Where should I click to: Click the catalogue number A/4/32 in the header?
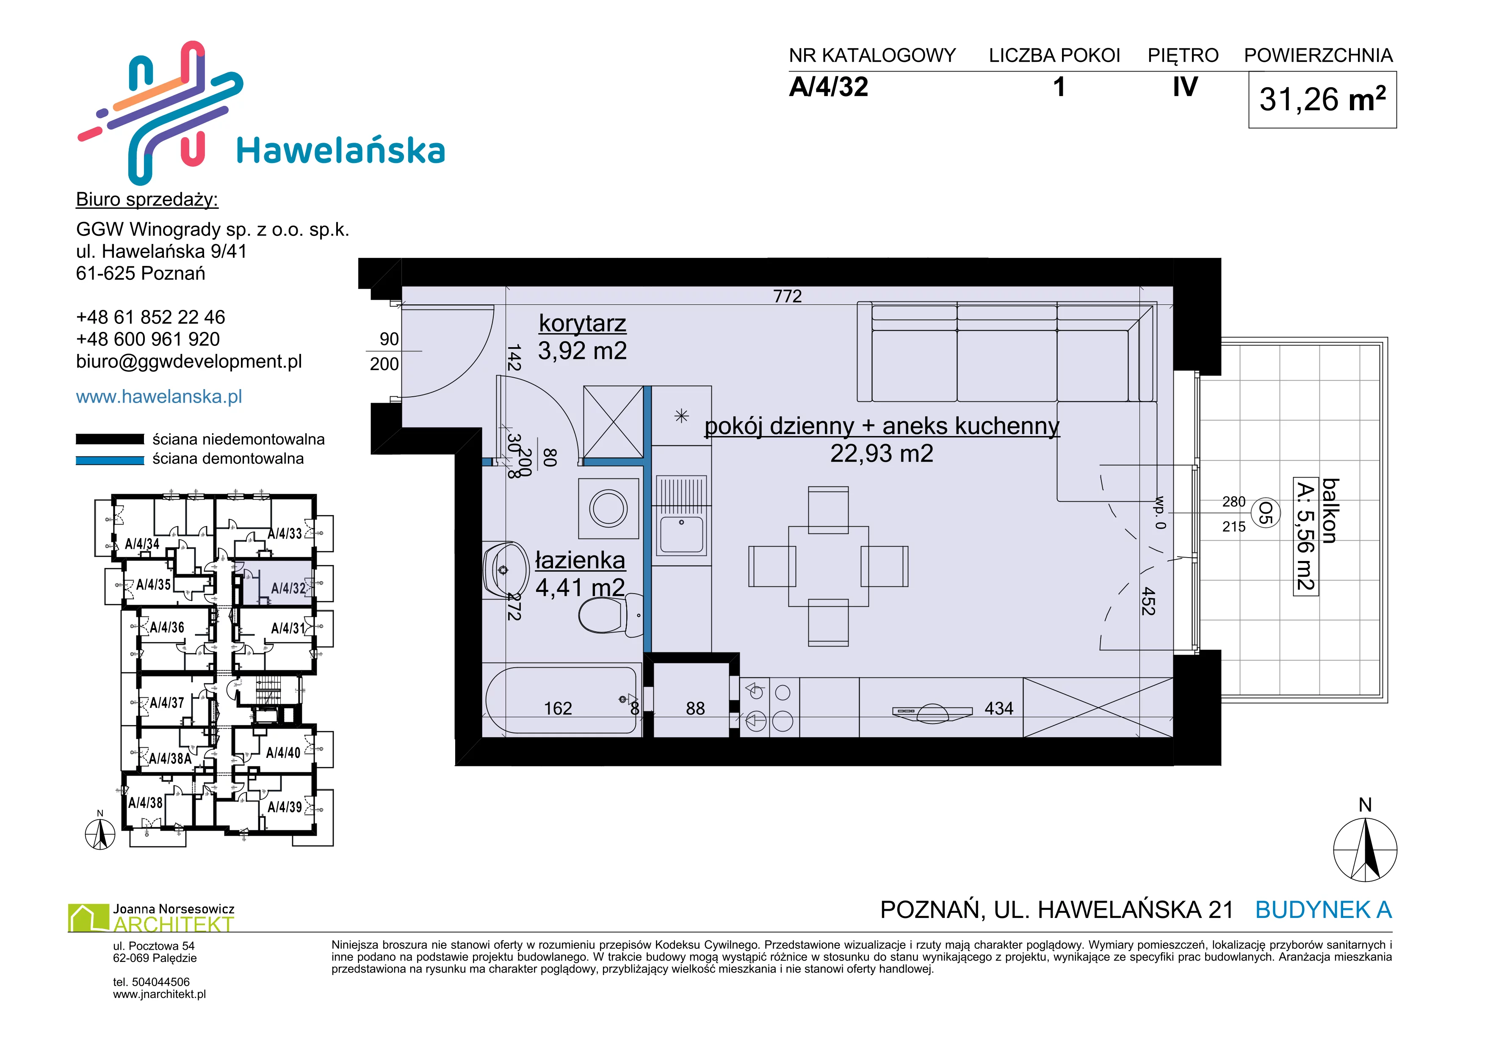pos(829,87)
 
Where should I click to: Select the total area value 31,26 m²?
pos(1323,99)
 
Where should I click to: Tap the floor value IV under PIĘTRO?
pos(1185,87)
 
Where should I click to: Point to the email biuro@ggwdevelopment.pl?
pos(189,362)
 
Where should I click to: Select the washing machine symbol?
pos(608,508)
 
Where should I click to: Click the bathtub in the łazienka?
pos(561,700)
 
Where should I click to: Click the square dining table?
pos(829,566)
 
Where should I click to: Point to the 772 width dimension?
pos(787,296)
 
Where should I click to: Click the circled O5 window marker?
pos(1266,514)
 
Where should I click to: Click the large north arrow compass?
pos(1365,850)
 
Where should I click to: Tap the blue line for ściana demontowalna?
pos(110,460)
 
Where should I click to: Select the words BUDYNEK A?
pos(1323,910)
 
